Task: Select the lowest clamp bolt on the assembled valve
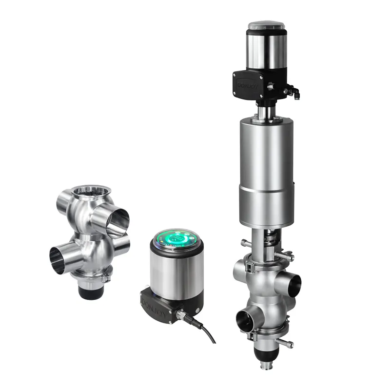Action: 289,343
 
